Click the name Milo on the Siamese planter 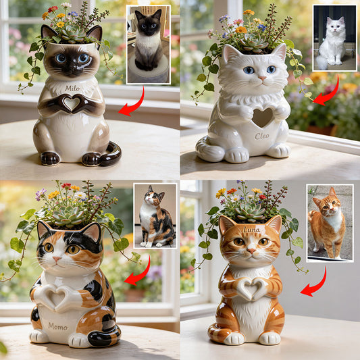72,88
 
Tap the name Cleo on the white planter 261,136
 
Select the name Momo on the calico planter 58,326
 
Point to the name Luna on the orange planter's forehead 251,230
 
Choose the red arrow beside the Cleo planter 327,92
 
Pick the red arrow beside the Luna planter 314,282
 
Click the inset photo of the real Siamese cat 149,45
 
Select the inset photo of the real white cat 334,39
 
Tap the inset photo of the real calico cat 155,216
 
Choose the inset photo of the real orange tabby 329,222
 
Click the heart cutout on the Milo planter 71,104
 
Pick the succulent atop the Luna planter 250,211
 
